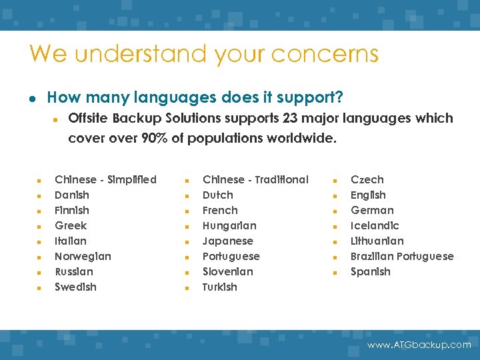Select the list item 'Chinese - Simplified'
tap(105, 179)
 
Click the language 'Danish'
tap(71, 195)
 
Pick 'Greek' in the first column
tap(71, 225)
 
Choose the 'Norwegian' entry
tap(83, 256)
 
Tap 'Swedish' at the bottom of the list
tap(75, 287)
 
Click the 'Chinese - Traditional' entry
tap(255, 179)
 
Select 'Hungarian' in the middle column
tap(229, 225)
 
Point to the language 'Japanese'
tap(228, 241)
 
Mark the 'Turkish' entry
tap(219, 287)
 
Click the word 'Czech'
tap(367, 179)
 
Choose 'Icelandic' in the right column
tap(375, 225)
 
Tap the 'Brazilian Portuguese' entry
tap(402, 256)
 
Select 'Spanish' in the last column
tap(371, 271)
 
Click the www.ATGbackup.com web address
tap(419, 345)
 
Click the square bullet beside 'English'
tap(336, 196)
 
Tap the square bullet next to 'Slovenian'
tap(188, 273)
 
